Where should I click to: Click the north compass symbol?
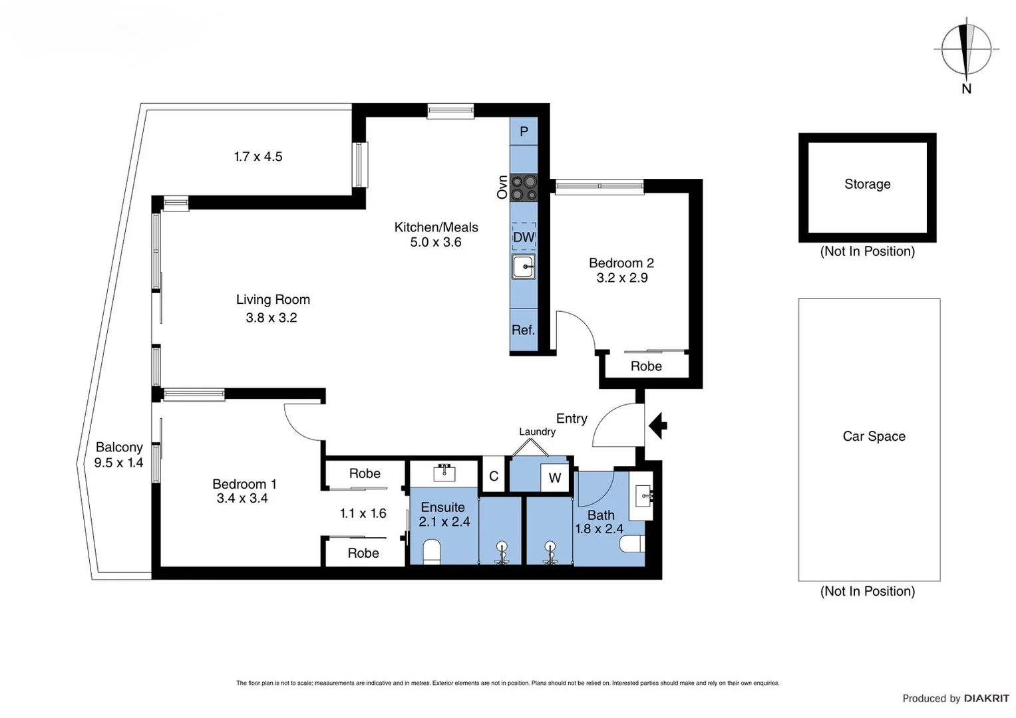[x=966, y=50]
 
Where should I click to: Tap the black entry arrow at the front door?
[x=658, y=425]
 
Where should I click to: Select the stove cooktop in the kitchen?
[x=524, y=187]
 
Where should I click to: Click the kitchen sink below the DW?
[x=524, y=267]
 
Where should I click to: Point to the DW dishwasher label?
[x=524, y=237]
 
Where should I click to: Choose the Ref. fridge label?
[x=523, y=330]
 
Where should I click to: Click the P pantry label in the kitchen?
[x=524, y=132]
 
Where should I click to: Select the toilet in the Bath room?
[x=632, y=544]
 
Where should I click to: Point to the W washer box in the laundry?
[x=555, y=478]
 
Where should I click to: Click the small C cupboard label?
[x=494, y=476]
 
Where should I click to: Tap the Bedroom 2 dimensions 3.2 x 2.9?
[x=621, y=278]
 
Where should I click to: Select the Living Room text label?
[x=273, y=300]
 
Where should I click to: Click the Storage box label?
[x=867, y=184]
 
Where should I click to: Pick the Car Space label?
[x=874, y=436]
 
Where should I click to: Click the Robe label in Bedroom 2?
[x=646, y=366]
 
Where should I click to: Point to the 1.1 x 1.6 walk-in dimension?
[x=363, y=513]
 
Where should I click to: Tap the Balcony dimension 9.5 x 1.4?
[x=118, y=463]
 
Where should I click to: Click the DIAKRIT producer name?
[x=986, y=698]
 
